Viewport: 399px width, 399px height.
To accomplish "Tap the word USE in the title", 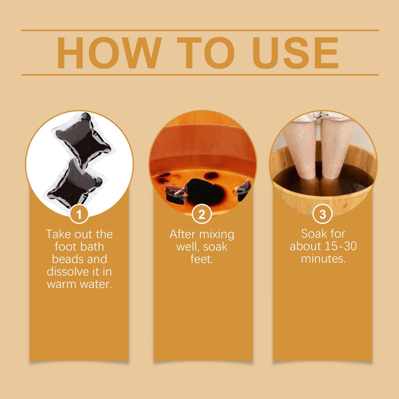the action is [x=296, y=53].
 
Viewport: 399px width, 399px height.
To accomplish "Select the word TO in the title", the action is [x=206, y=53].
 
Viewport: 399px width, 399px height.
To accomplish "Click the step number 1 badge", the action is [x=79, y=214].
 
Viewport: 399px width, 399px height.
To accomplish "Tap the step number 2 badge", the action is [x=202, y=214].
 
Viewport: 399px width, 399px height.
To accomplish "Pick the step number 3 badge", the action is [x=322, y=214].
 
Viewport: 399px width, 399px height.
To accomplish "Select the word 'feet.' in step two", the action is [x=202, y=259].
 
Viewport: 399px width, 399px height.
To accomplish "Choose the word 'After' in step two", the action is [x=183, y=234].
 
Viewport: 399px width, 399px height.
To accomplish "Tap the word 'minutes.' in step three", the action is [x=323, y=259].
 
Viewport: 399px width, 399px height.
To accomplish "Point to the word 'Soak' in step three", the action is [x=313, y=234].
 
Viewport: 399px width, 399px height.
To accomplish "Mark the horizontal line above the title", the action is [x=200, y=30].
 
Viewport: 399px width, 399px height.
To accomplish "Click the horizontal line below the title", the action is [x=200, y=75].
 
